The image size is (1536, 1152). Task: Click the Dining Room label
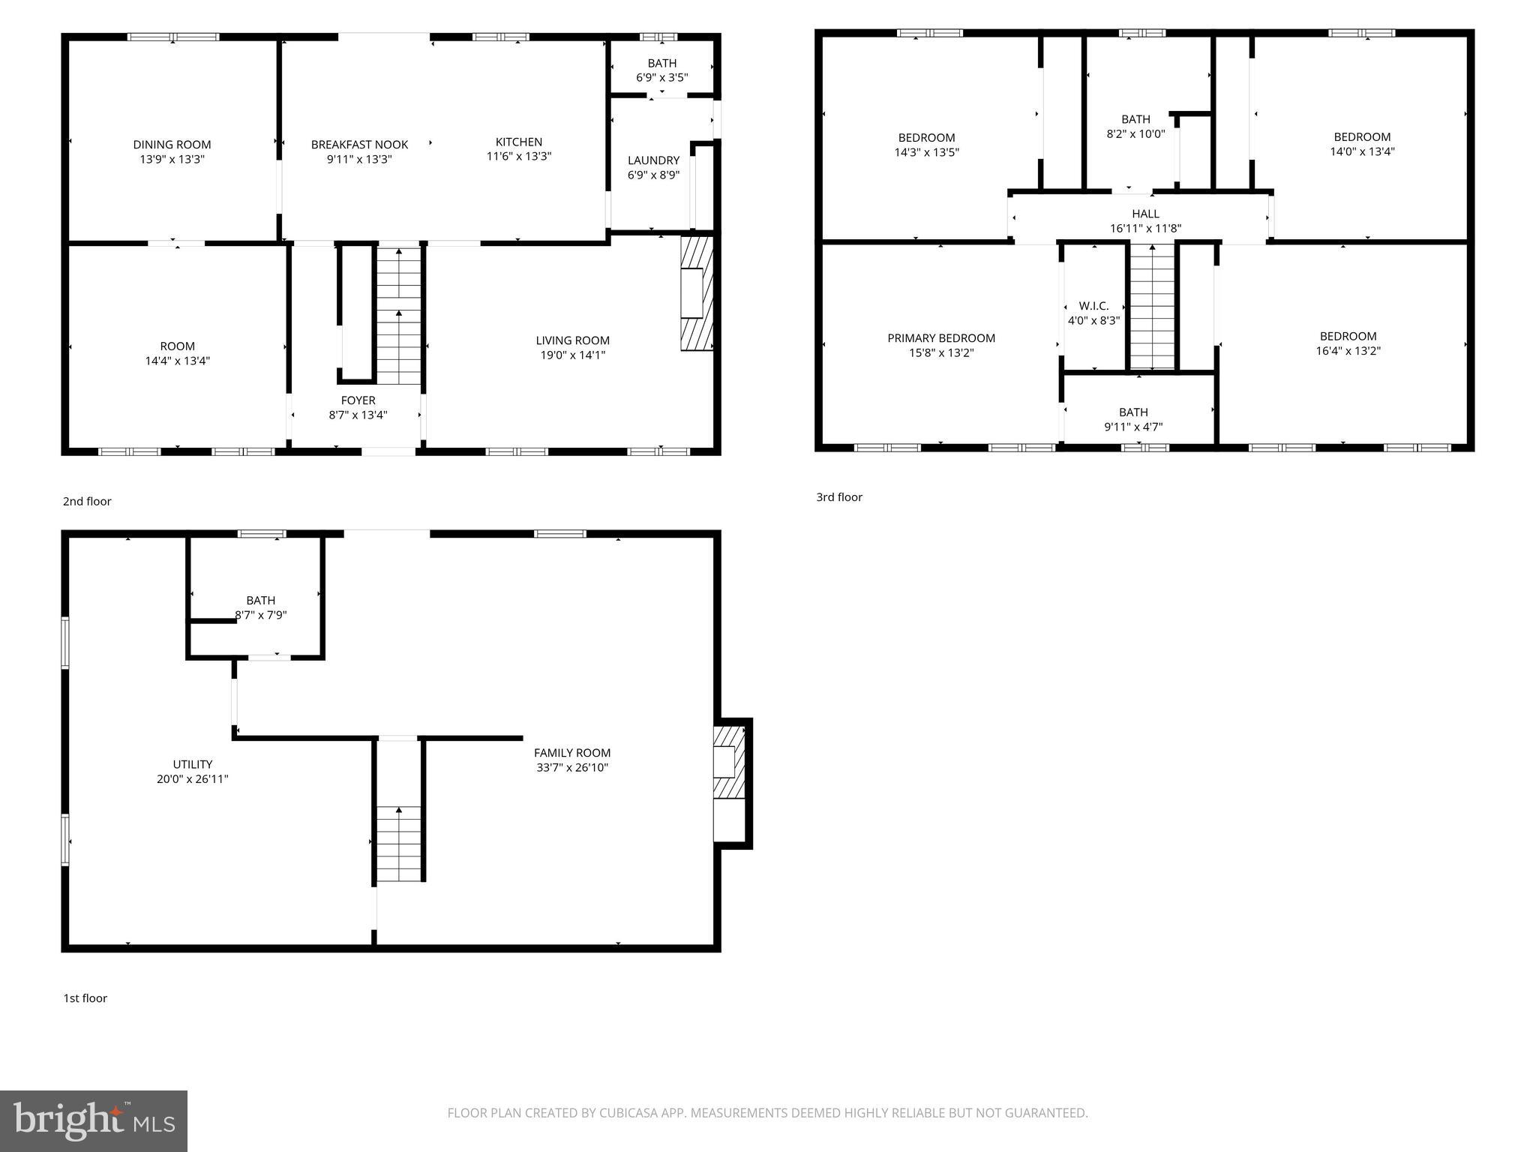[x=172, y=145]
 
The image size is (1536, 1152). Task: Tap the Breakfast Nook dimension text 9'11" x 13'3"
[x=359, y=159]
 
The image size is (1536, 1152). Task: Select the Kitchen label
[x=518, y=142]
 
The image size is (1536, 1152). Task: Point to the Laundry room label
[x=653, y=160]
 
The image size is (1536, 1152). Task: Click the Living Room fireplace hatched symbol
[x=696, y=293]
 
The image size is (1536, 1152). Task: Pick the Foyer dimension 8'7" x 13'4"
[x=358, y=415]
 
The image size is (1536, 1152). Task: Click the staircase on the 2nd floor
[x=398, y=315]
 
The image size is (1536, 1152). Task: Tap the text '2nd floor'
[x=87, y=501]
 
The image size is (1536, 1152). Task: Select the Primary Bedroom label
[x=941, y=338]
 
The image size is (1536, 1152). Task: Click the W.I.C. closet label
[x=1093, y=306]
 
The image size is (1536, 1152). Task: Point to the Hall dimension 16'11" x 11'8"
[x=1145, y=228]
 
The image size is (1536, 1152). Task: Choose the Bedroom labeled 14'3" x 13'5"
[x=926, y=145]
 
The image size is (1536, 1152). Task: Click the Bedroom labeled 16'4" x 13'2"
[x=1348, y=343]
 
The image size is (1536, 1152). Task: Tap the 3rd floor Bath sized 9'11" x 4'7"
[x=1133, y=419]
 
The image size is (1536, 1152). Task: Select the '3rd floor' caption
[x=839, y=497]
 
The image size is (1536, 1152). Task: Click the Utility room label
[x=193, y=764]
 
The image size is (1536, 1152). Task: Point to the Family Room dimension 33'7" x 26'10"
[x=571, y=767]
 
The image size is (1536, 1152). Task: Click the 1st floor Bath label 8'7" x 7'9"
[x=260, y=607]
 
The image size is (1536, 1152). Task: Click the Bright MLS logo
[x=94, y=1120]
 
